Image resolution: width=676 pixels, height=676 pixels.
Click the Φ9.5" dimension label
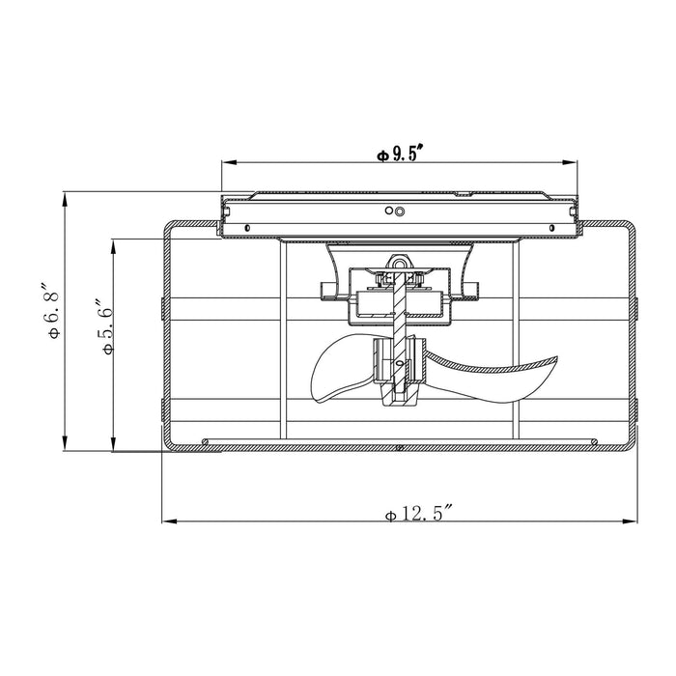[x=398, y=154]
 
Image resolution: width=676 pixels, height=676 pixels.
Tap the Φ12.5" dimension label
[x=418, y=514]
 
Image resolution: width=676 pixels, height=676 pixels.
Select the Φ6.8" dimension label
[x=52, y=310]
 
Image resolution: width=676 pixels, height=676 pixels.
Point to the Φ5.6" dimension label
[x=106, y=325]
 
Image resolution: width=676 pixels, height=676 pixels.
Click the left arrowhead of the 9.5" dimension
[x=229, y=162]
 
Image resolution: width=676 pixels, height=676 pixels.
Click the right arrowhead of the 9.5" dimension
[x=570, y=162]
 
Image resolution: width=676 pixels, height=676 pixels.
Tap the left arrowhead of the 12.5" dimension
[x=169, y=521]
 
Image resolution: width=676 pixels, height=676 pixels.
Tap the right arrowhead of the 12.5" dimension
[x=630, y=521]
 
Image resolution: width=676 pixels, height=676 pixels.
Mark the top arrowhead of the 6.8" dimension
[x=65, y=200]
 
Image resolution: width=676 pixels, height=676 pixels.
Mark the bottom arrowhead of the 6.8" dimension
[x=65, y=443]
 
